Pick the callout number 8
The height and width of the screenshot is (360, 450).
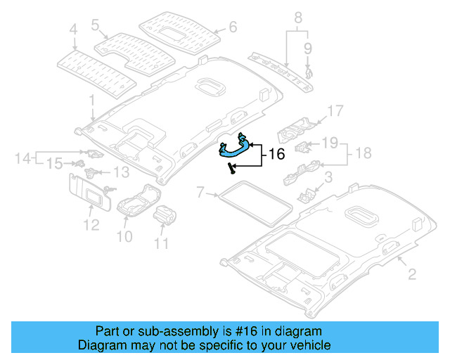pos(297,15)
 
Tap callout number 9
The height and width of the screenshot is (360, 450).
pos(307,48)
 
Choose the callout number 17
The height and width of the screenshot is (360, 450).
pos(334,110)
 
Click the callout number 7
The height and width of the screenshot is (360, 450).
pos(201,191)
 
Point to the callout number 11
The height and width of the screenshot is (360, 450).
pos(162,244)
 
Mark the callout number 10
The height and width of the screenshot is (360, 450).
pos(124,237)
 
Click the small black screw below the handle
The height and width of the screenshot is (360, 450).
pos(230,167)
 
